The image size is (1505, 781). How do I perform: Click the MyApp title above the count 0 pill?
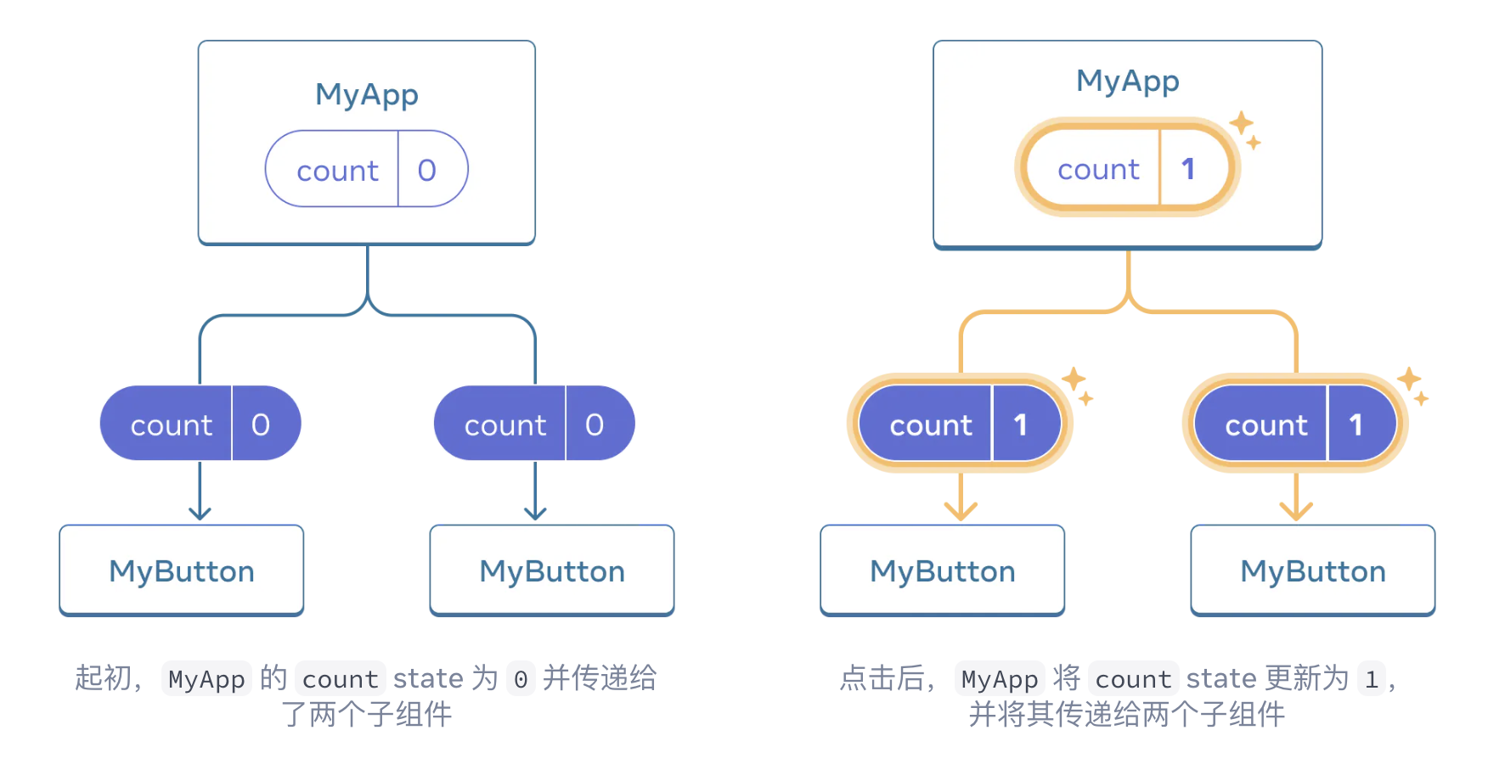[x=366, y=94]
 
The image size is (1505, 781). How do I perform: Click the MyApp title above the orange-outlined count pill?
[x=1127, y=81]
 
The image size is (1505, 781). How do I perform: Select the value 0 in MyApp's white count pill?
[x=427, y=170]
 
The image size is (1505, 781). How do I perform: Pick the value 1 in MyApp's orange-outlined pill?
[x=1188, y=169]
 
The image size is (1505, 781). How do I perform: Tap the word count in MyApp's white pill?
[x=337, y=171]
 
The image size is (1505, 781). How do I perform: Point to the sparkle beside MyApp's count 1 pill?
[x=1244, y=128]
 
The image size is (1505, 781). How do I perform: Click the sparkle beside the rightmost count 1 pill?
[x=1412, y=384]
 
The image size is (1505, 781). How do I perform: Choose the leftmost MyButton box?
[x=181, y=570]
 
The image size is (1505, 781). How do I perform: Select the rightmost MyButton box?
[x=1312, y=570]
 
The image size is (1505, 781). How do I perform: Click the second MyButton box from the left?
[x=551, y=570]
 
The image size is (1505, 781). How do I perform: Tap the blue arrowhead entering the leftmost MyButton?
[x=200, y=512]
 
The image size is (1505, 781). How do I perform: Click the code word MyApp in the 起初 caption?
[x=206, y=678]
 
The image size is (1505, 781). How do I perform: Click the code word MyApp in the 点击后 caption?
[x=1000, y=678]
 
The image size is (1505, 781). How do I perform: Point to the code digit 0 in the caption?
[x=521, y=678]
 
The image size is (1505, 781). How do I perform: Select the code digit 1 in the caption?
[x=1371, y=678]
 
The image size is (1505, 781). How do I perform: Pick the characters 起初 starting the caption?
[x=104, y=677]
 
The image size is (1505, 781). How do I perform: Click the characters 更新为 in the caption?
[x=1306, y=677]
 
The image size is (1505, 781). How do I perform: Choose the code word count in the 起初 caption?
[x=340, y=678]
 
